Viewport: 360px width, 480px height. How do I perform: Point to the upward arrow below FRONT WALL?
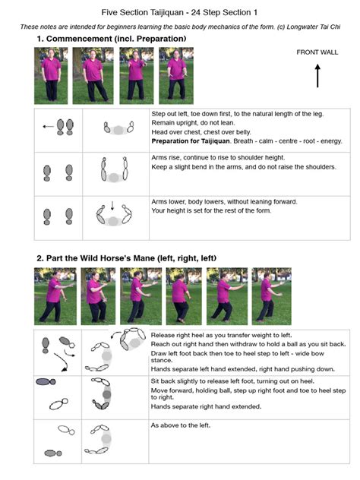click(x=317, y=75)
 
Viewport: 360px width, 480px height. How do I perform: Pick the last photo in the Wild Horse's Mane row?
click(x=271, y=295)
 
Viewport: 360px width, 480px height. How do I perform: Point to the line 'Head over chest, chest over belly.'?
click(x=205, y=131)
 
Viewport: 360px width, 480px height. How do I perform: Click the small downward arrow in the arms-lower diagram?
click(x=112, y=204)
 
